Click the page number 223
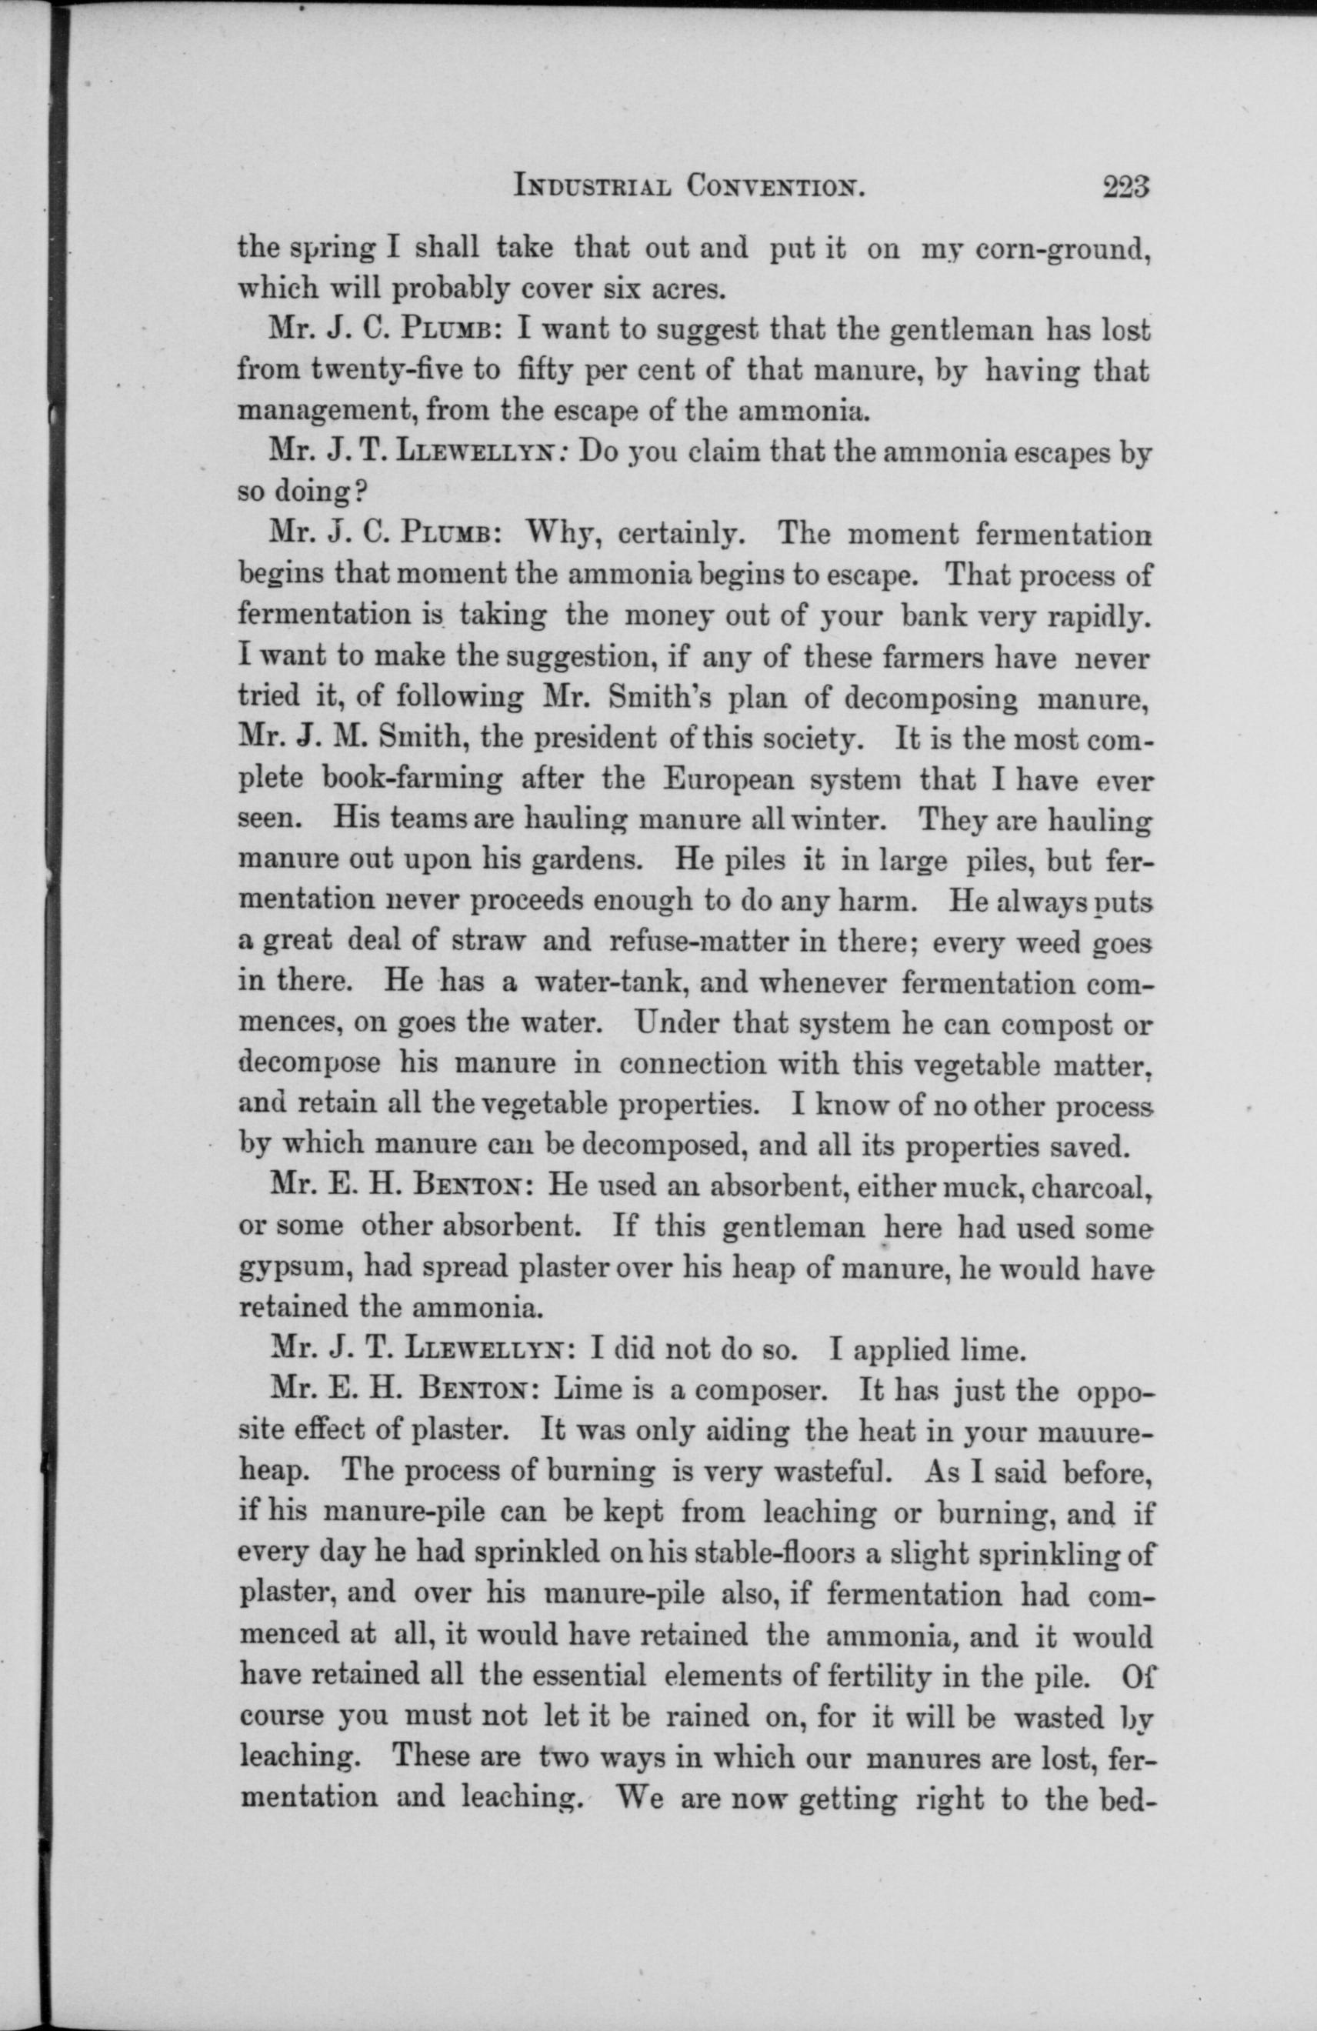click(1127, 210)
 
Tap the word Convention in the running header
click(776, 211)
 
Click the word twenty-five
click(399, 372)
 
